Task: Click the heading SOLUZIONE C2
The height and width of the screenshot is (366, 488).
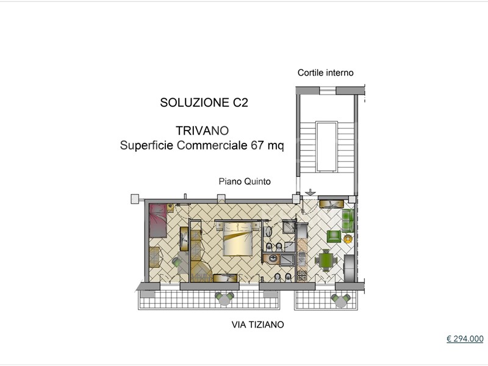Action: pos(204,102)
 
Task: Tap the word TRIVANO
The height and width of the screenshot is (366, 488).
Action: pos(203,131)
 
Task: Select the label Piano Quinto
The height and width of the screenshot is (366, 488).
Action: pos(245,181)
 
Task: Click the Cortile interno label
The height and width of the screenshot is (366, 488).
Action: pos(326,73)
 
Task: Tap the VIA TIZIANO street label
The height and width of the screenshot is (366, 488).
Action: pos(257,325)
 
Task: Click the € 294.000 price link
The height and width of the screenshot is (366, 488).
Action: pos(465,339)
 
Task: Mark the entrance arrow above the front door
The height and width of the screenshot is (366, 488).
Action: pos(310,192)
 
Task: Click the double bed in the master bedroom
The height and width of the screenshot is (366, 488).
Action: pos(237,239)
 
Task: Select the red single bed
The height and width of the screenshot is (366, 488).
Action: pos(158,221)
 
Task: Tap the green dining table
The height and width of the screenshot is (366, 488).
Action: pos(326,260)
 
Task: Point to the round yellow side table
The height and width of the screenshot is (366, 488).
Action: pos(348,239)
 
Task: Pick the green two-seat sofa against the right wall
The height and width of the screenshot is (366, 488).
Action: pos(348,220)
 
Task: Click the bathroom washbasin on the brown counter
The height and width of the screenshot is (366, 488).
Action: pos(273,258)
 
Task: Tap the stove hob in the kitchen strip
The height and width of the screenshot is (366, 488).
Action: pos(302,275)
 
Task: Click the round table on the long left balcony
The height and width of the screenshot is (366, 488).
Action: pos(224,299)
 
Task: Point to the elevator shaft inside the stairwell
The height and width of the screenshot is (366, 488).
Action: pos(326,146)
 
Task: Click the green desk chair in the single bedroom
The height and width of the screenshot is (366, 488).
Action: pos(176,262)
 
